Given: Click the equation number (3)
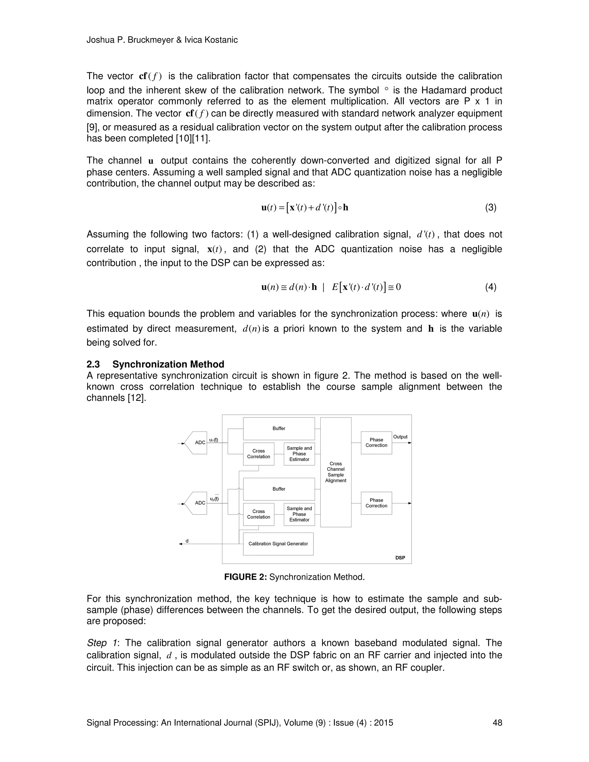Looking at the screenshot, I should [491, 208].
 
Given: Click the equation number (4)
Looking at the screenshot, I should [491, 287].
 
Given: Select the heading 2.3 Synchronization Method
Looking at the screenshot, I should [155, 364].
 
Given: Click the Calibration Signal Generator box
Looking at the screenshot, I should [278, 543].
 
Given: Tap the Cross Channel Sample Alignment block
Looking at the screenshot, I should [336, 472].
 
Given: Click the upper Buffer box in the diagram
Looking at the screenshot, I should [279, 428].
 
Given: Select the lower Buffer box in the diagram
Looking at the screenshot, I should [279, 489].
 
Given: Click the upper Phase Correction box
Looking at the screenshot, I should [376, 443].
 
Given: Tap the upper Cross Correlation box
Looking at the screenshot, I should [259, 453].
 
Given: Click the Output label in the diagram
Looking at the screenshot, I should [400, 437].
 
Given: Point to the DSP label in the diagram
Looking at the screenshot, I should [400, 558].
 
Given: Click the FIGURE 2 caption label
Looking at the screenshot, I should [245, 577].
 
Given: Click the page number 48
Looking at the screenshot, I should [497, 723].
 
